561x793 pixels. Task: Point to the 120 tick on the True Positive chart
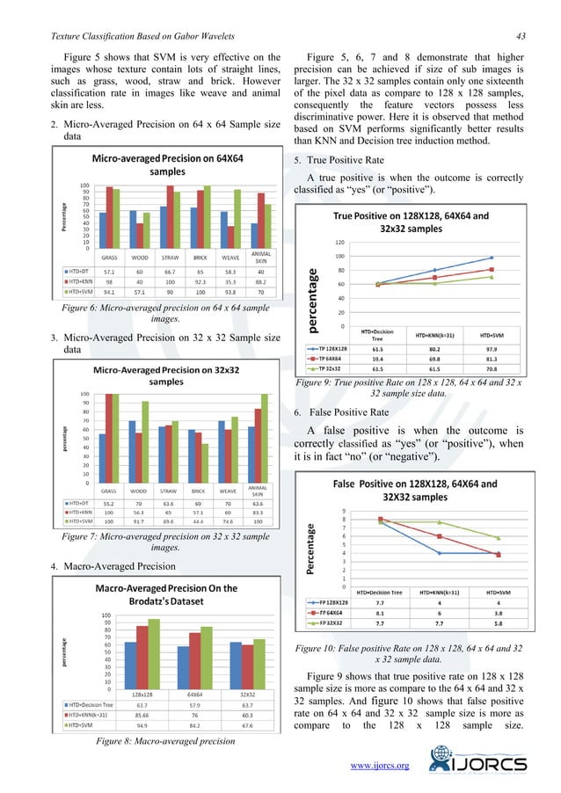coord(338,242)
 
